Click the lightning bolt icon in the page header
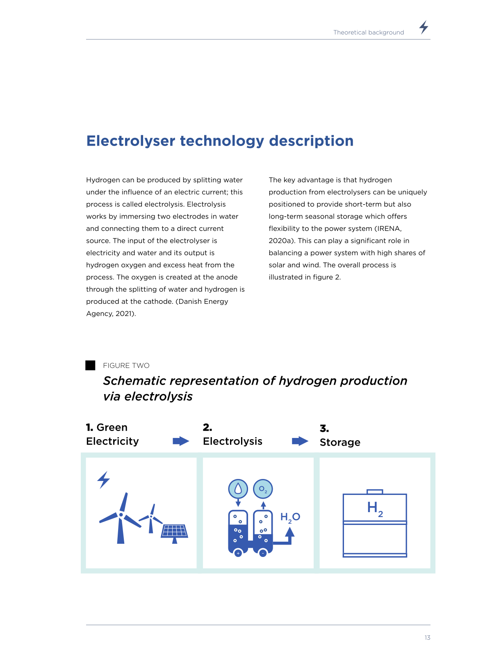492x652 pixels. click(x=424, y=27)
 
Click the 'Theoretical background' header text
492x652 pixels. click(x=369, y=32)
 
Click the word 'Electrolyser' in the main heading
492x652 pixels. click(x=131, y=141)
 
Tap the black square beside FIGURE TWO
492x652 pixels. click(x=90, y=365)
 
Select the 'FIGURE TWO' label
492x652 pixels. click(x=126, y=365)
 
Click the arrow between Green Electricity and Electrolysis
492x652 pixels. click(x=181, y=441)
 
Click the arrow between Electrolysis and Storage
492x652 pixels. click(x=300, y=441)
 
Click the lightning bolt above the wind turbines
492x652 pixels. click(x=104, y=480)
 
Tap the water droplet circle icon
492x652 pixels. click(x=238, y=489)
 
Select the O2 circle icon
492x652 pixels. click(x=263, y=489)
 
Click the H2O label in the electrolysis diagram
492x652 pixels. click(x=290, y=517)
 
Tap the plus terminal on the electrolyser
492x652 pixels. click(x=238, y=553)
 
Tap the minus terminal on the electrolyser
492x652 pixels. click(x=263, y=553)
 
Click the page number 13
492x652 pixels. click(x=427, y=638)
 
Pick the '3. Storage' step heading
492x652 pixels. click(x=340, y=435)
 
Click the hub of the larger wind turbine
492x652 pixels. click(x=121, y=515)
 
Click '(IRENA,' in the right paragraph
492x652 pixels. click(x=388, y=228)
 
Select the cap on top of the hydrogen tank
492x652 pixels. click(x=375, y=492)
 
